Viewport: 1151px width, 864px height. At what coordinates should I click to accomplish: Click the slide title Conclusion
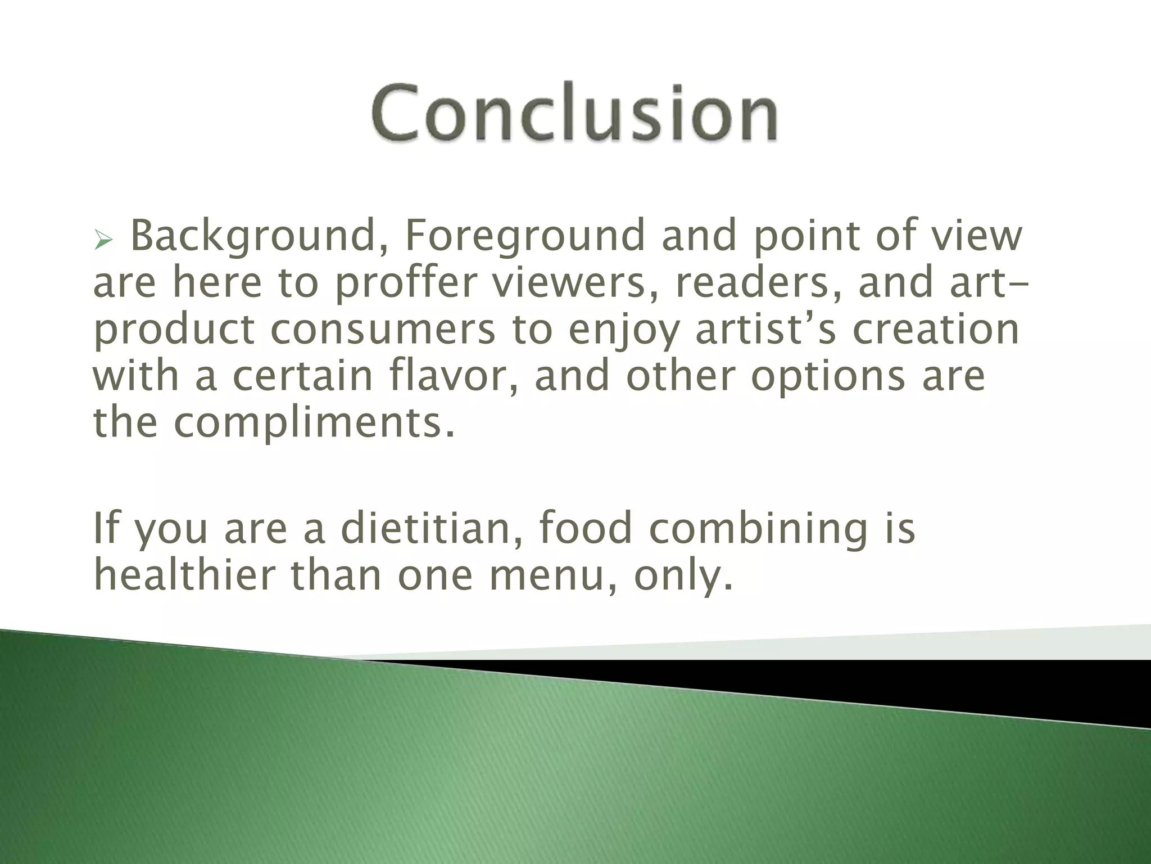[x=574, y=113]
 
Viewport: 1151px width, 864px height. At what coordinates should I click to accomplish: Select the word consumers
[x=382, y=330]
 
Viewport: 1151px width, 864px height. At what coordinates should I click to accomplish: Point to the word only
[x=683, y=577]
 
